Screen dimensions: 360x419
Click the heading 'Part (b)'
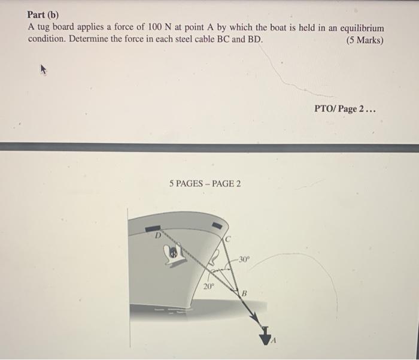pyautogui.click(x=44, y=14)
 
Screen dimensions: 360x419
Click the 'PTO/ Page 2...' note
pyautogui.click(x=345, y=109)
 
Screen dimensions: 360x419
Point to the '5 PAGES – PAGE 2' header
pyautogui.click(x=205, y=183)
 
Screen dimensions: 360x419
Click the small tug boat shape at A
pyautogui.click(x=265, y=339)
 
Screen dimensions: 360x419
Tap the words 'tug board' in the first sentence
pyautogui.click(x=54, y=28)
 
